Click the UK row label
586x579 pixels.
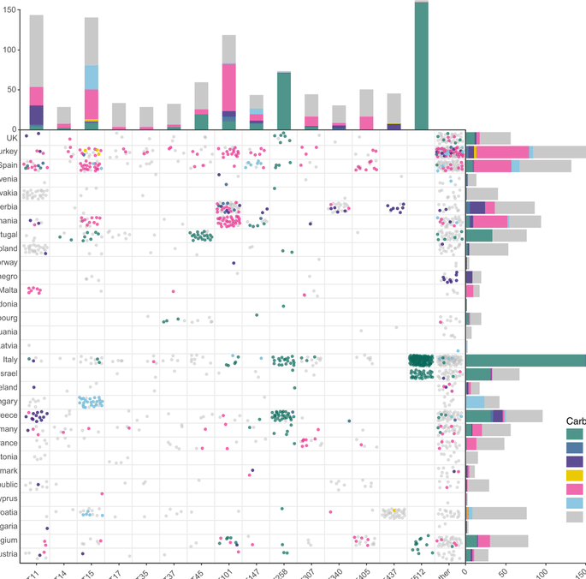(10, 137)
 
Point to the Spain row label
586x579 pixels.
(9, 165)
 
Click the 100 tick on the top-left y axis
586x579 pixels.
(8, 50)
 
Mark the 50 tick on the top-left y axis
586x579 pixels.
(10, 89)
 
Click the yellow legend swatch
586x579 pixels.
(575, 475)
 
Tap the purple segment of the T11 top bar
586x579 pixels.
(36, 115)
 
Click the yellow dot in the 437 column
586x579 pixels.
(394, 511)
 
